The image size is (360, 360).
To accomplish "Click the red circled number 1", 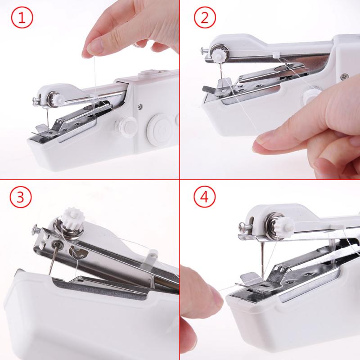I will click(x=21, y=19).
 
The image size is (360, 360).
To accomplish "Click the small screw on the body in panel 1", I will click(x=141, y=107).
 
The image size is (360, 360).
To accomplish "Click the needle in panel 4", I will click(x=260, y=261).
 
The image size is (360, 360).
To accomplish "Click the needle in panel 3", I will click(x=52, y=261).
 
